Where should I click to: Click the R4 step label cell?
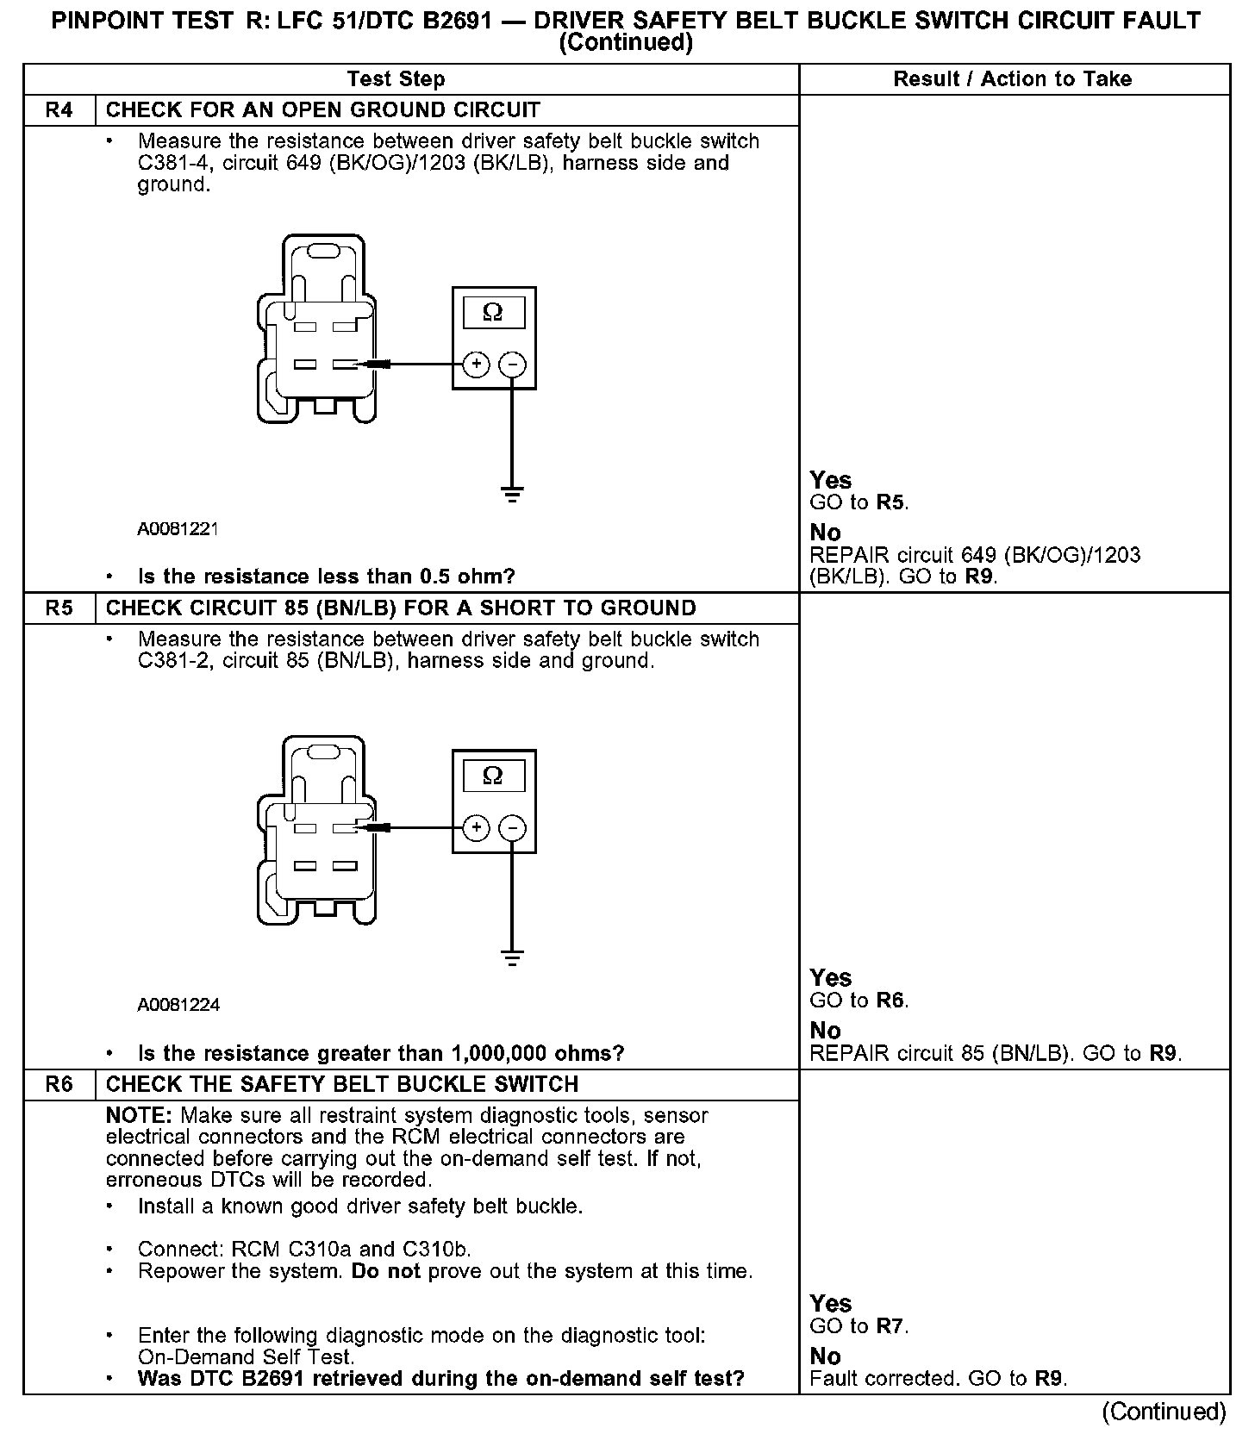[59, 110]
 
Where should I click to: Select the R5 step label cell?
[59, 608]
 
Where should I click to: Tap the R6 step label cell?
[59, 1084]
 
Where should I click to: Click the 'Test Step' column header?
[396, 79]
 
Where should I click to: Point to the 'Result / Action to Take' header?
[1012, 79]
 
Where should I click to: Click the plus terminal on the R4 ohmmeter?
[476, 365]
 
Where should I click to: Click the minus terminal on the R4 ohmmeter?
[513, 365]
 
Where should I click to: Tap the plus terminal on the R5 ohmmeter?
[476, 828]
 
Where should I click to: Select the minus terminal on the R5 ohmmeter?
[513, 828]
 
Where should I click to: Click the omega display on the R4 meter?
[493, 312]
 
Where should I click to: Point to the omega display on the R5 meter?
[493, 776]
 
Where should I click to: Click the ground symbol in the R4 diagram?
[512, 495]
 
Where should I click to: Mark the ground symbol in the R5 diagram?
[512, 958]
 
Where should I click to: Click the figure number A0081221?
[178, 529]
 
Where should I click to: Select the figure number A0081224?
[178, 1005]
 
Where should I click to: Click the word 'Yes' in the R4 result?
[830, 480]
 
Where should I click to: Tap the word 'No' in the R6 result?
[825, 1356]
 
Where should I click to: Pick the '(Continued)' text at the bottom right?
[1163, 1411]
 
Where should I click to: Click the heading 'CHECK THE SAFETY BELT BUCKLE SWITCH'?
[342, 1084]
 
